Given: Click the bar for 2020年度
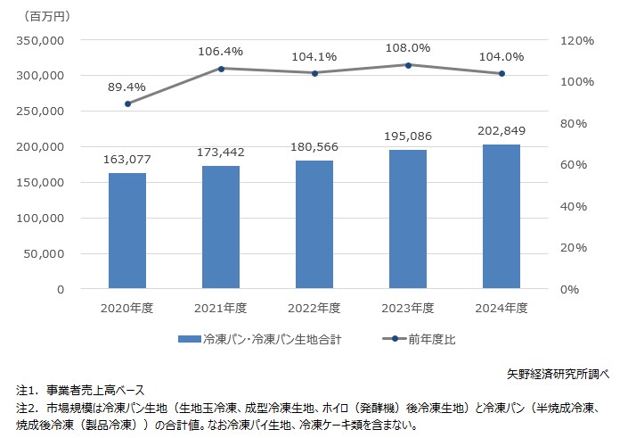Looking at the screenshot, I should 127,230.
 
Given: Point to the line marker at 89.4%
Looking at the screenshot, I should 127,103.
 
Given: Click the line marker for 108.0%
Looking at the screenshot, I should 408,65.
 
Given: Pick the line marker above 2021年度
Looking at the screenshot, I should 221,69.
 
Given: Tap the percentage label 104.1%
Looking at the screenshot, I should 314,56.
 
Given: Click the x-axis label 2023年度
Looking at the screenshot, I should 408,308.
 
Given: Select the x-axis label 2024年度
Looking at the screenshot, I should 501,308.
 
